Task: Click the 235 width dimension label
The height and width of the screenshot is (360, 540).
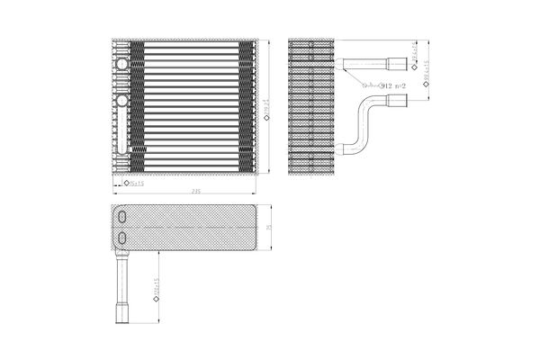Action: (196, 193)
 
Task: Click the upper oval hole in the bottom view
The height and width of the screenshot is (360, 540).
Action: (122, 217)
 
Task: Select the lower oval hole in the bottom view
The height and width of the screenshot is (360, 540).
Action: (122, 237)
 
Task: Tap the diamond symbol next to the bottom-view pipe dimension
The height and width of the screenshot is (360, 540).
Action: (157, 309)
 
